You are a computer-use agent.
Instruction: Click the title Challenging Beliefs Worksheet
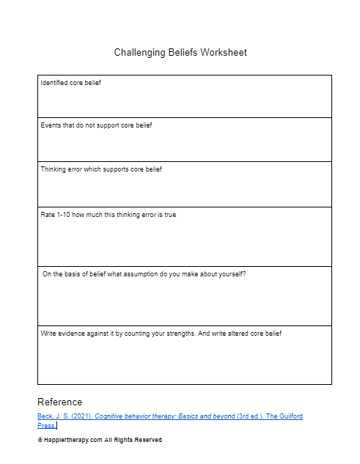180,53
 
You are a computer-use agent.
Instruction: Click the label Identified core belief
70,83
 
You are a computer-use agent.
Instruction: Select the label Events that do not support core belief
96,125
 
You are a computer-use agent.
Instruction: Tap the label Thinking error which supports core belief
101,169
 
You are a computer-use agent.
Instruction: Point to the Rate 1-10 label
108,215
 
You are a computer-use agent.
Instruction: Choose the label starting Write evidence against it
161,334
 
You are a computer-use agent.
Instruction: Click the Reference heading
60,402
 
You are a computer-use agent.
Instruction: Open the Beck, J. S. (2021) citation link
169,416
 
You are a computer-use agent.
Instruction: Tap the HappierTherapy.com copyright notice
100,440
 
